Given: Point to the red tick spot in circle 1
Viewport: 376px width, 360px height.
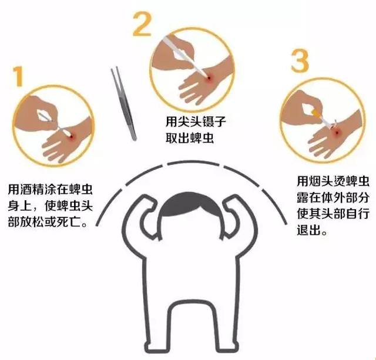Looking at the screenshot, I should pyautogui.click(x=71, y=136).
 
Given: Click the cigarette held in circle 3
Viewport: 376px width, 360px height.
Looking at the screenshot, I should pyautogui.click(x=320, y=115).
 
